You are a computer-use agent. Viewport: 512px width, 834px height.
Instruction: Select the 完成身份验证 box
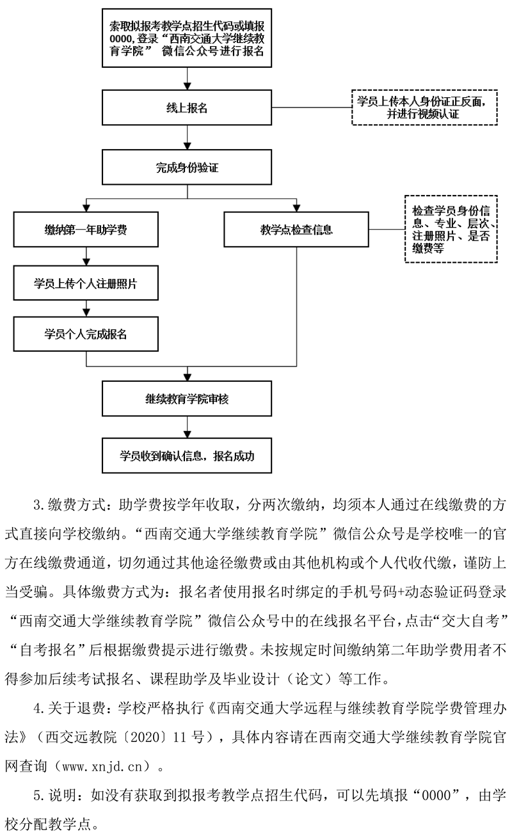[187, 169]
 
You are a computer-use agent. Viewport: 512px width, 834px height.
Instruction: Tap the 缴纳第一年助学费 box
[85, 230]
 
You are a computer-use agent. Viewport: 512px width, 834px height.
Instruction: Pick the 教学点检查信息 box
[296, 230]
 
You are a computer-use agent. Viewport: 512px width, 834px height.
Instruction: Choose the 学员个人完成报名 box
[85, 334]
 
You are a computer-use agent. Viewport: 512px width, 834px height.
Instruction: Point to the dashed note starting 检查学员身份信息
[450, 229]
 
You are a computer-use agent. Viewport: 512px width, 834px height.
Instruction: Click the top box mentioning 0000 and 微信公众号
[187, 38]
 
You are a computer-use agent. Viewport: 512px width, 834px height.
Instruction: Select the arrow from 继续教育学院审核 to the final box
[187, 427]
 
